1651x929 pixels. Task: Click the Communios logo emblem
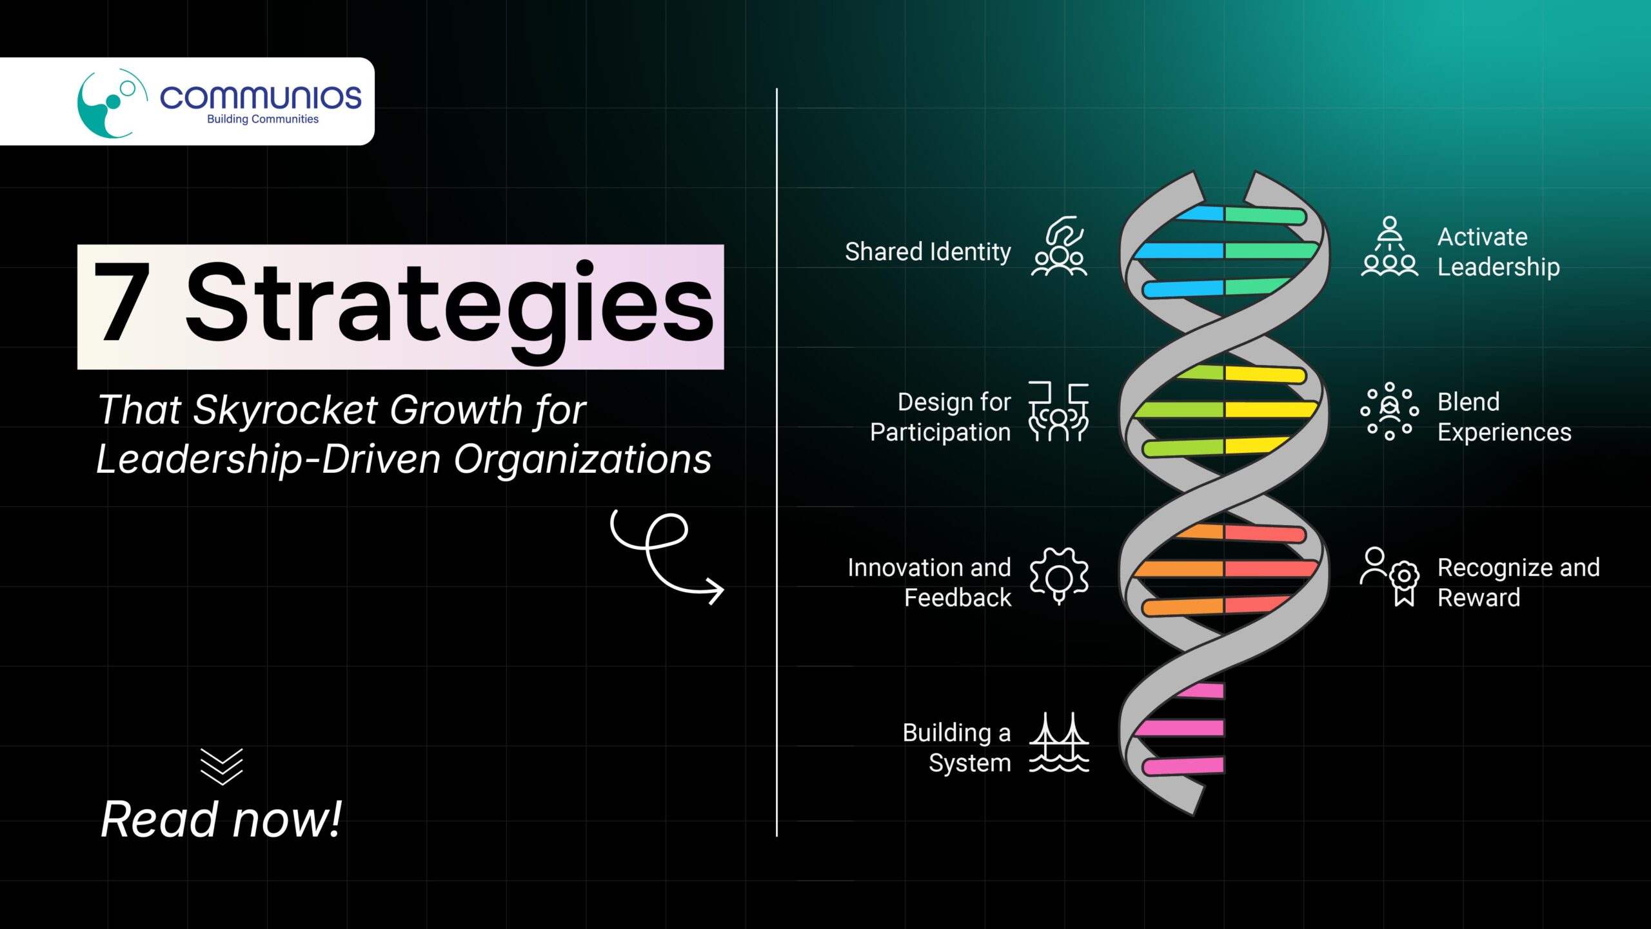(x=111, y=103)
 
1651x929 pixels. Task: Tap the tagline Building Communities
(x=262, y=119)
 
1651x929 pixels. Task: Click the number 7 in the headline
(x=122, y=301)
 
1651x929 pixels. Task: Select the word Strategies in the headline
(x=450, y=306)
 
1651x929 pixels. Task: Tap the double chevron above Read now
(x=221, y=766)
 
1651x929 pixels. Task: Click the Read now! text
(x=221, y=819)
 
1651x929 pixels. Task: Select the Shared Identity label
(x=928, y=252)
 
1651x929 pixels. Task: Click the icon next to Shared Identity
(x=1059, y=246)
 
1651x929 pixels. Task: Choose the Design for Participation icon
(x=1058, y=411)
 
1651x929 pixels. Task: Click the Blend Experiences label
(x=1505, y=417)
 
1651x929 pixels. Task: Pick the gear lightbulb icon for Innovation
(x=1059, y=576)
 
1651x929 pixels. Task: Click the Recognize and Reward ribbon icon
(x=1390, y=577)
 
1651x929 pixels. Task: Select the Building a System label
(x=957, y=748)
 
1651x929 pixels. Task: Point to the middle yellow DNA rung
(x=1270, y=410)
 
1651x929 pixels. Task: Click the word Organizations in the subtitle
(x=582, y=459)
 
